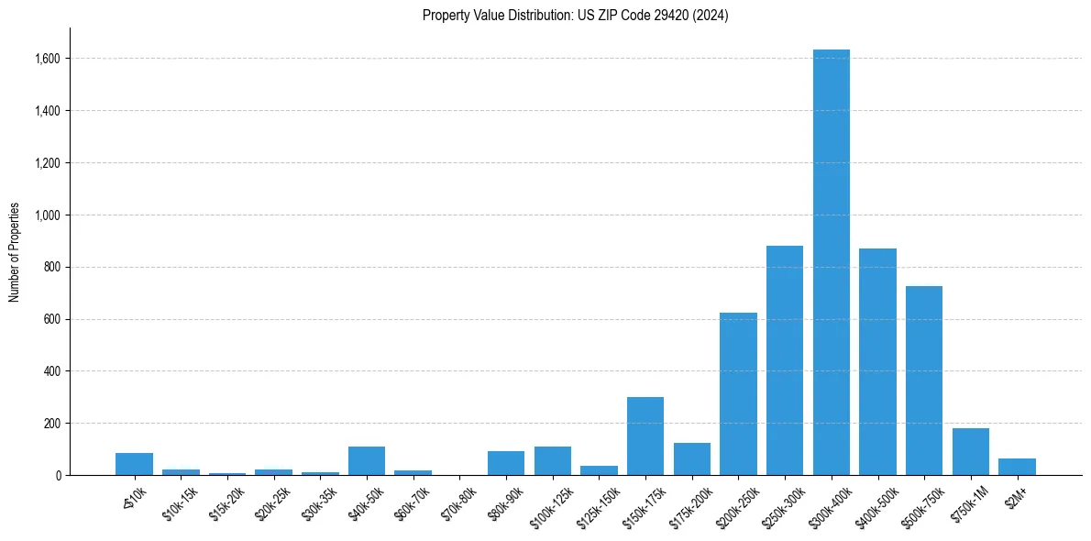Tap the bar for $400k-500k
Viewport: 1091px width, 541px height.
click(x=877, y=362)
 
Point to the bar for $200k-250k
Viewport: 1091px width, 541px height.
click(x=738, y=394)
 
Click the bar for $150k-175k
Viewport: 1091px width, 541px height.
click(x=645, y=436)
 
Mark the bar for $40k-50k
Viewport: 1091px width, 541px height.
click(x=367, y=461)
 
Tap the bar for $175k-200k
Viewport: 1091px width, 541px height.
click(x=692, y=459)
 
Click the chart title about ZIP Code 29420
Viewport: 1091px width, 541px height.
click(x=575, y=16)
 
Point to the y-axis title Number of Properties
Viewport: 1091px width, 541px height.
click(x=15, y=252)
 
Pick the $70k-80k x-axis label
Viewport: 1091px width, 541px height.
click(x=459, y=502)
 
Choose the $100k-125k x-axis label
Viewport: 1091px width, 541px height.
click(x=549, y=506)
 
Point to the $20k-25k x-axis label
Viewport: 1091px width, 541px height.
click(x=273, y=502)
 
